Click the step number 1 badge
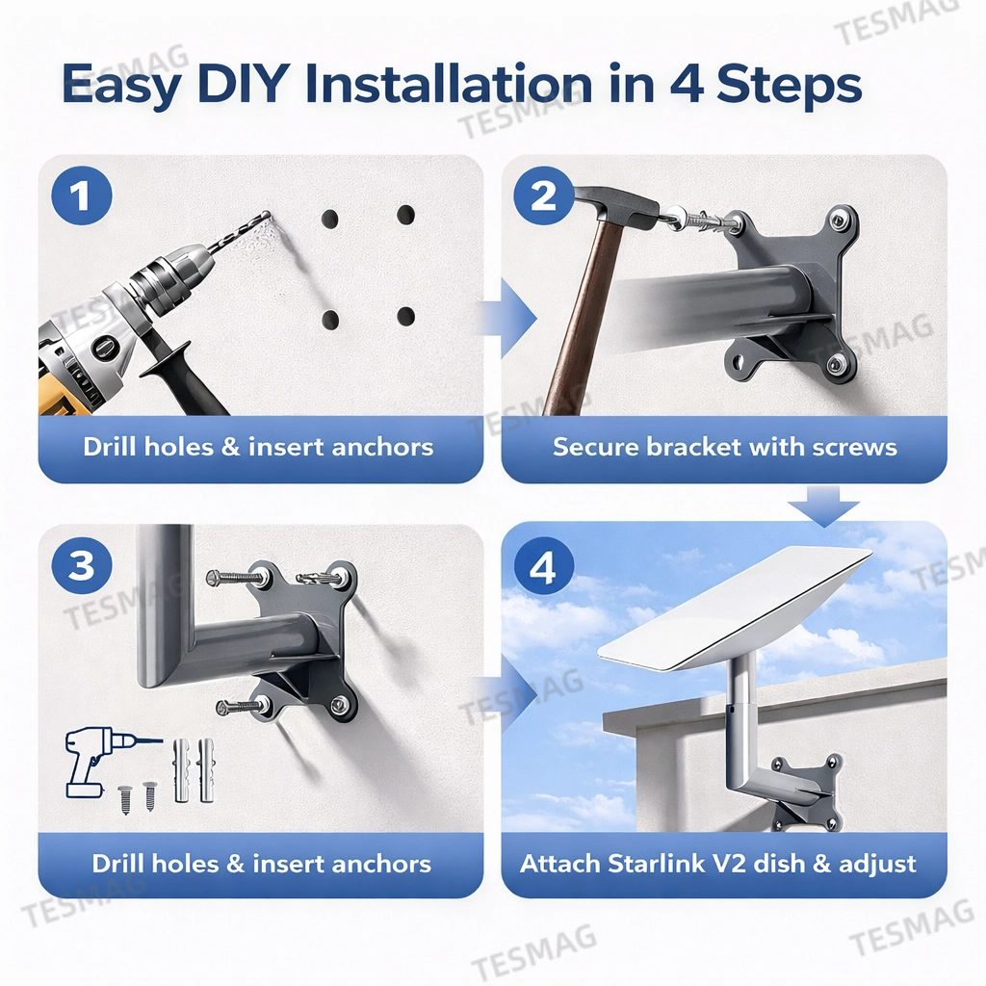pyautogui.click(x=82, y=196)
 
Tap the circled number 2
pyautogui.click(x=544, y=196)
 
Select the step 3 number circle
pyautogui.click(x=82, y=565)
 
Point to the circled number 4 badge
pyautogui.click(x=544, y=567)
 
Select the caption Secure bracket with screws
pyautogui.click(x=724, y=447)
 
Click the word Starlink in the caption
pyautogui.click(x=654, y=863)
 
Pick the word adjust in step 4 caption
pyautogui.click(x=874, y=863)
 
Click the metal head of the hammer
pyautogui.click(x=616, y=204)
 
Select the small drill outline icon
pyautogui.click(x=96, y=761)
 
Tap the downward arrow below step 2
pyautogui.click(x=821, y=505)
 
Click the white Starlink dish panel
pyautogui.click(x=737, y=607)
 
